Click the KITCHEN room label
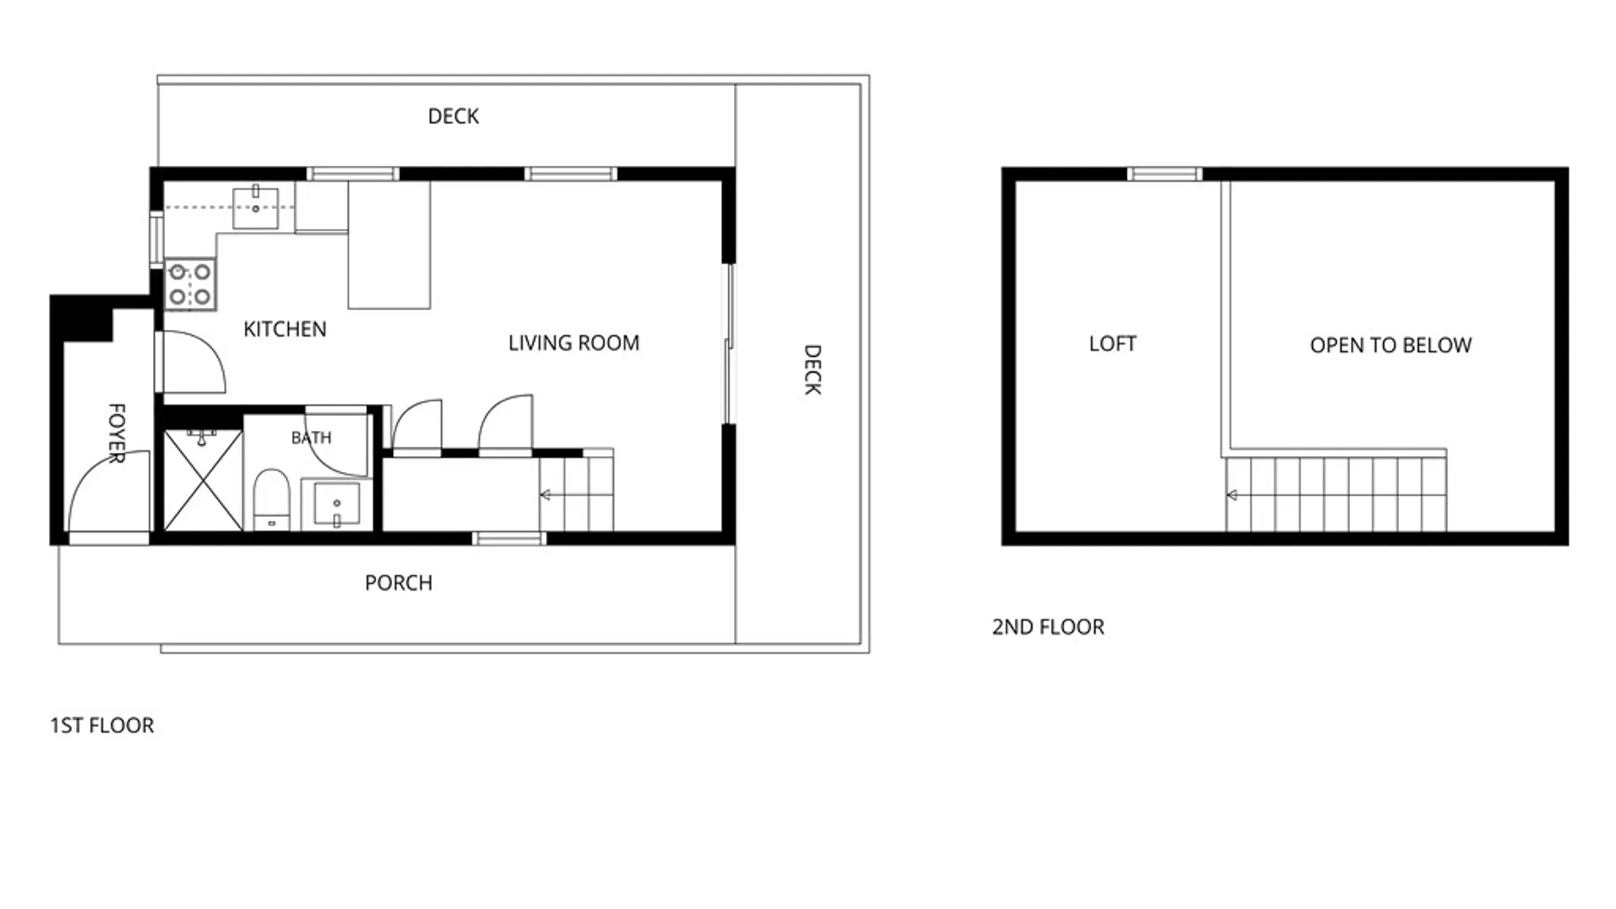(284, 329)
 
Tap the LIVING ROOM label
(574, 343)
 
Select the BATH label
(311, 438)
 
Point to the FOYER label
(117, 433)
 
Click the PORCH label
(398, 582)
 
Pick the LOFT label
(1113, 343)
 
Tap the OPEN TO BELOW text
(1390, 345)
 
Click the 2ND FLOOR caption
(1048, 627)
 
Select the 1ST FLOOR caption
(102, 726)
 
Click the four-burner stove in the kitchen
(190, 284)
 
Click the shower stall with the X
(203, 481)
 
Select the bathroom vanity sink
(337, 504)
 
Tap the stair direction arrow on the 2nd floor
(1232, 495)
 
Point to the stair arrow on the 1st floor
(545, 495)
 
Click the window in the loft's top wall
(1165, 174)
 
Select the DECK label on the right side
(812, 369)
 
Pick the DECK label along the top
(454, 116)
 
